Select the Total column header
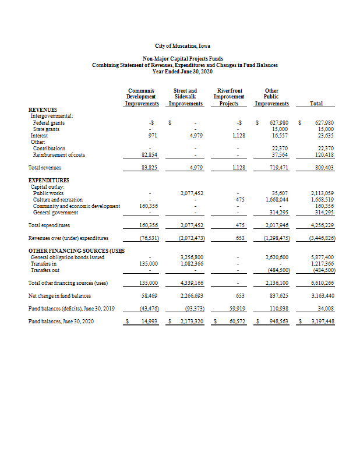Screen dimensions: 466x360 316,103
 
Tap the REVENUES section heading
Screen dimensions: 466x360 43,110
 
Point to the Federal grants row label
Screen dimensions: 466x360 49,123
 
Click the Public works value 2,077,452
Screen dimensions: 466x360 191,193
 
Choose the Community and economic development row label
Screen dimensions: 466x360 76,206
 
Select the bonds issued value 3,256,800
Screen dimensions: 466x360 191,257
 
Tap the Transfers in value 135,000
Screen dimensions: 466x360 150,263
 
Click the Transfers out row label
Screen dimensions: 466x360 47,270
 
